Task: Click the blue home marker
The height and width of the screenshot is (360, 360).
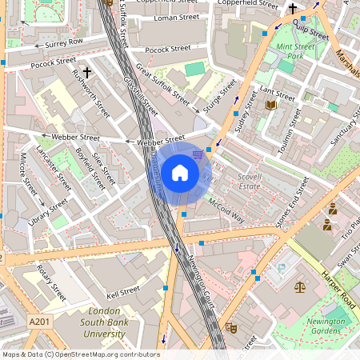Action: pos(180,173)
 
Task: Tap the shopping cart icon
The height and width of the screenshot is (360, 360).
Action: pos(198,154)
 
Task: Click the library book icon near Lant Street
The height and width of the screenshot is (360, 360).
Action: pos(270,105)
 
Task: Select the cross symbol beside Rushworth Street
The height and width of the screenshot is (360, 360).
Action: pos(86,72)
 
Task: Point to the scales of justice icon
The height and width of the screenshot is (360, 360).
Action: pos(300,286)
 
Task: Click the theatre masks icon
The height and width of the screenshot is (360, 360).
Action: pos(231,327)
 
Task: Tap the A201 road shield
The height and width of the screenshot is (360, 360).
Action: pos(38,320)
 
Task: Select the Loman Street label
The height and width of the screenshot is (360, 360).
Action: pos(177,16)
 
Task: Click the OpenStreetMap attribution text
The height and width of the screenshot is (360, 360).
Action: pos(81,354)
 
